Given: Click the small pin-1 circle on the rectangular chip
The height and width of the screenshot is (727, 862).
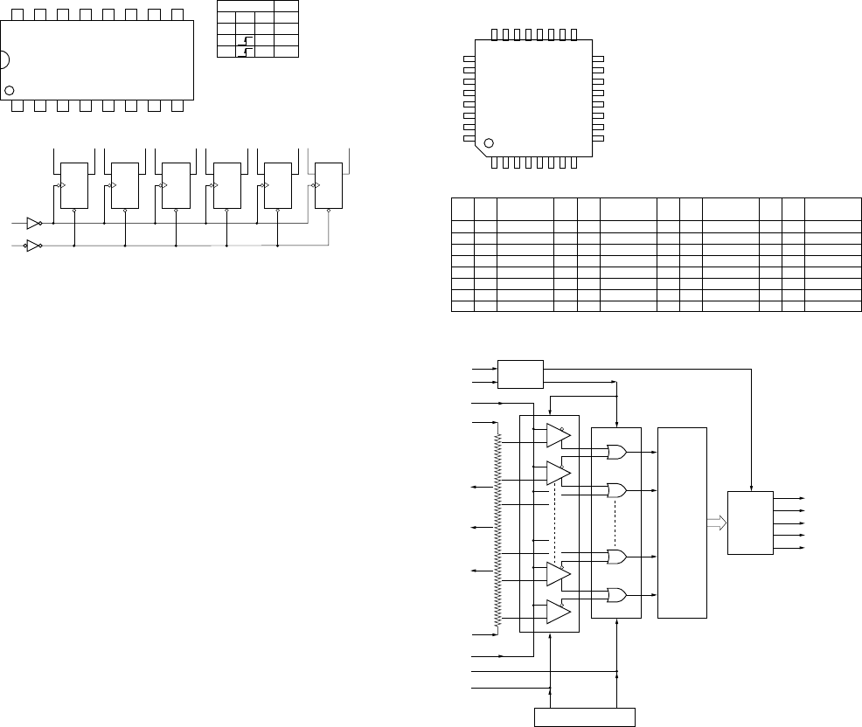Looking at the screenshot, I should click(x=10, y=90).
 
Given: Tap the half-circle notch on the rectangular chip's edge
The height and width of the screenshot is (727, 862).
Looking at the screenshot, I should click(x=3, y=60).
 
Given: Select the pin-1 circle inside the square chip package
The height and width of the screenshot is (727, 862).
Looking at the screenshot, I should click(x=489, y=142).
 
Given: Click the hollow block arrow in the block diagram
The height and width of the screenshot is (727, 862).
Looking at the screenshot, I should click(x=715, y=523).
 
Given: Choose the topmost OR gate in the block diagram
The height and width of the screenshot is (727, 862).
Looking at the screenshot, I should click(x=616, y=453).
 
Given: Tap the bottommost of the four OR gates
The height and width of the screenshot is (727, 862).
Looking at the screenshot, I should click(x=616, y=595).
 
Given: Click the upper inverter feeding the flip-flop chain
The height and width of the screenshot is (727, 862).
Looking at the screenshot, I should click(x=34, y=223).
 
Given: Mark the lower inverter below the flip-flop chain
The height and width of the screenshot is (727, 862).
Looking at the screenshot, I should click(x=34, y=246).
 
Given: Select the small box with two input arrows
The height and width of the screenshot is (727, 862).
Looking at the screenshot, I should click(x=520, y=374).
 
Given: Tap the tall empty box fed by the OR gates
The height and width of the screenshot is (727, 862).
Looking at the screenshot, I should click(x=682, y=523).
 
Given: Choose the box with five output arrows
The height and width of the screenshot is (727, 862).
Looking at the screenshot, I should click(x=750, y=523).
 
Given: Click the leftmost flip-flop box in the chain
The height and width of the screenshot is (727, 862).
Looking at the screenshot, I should click(x=73, y=185).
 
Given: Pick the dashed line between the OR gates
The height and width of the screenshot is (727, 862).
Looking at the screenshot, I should click(x=616, y=523).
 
